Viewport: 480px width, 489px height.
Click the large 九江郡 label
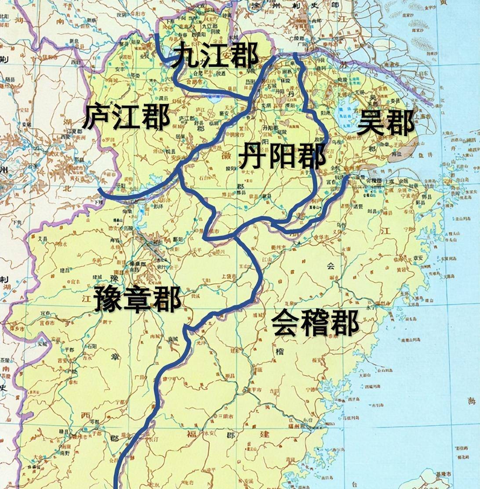pos(214,56)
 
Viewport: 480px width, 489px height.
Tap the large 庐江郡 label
pos(125,116)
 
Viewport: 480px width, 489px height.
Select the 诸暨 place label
pos(374,198)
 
